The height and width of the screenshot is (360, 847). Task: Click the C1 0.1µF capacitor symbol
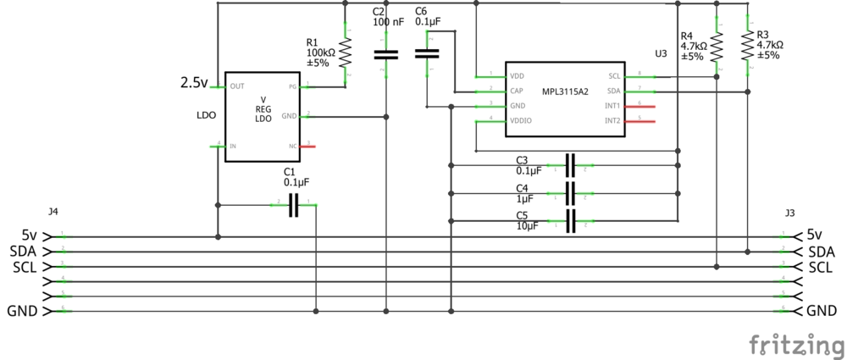(294, 204)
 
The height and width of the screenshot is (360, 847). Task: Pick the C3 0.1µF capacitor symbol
(570, 165)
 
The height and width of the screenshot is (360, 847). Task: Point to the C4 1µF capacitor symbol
(570, 194)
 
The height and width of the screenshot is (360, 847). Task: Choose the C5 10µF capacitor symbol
(570, 221)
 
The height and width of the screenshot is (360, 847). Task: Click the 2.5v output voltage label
(193, 83)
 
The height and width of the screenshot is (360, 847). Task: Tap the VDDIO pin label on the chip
(520, 122)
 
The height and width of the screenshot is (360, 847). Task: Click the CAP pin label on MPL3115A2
(515, 91)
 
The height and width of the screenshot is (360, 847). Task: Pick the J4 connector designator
(53, 212)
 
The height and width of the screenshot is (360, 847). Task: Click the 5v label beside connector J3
(815, 235)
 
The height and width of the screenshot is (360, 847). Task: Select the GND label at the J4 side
(22, 312)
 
